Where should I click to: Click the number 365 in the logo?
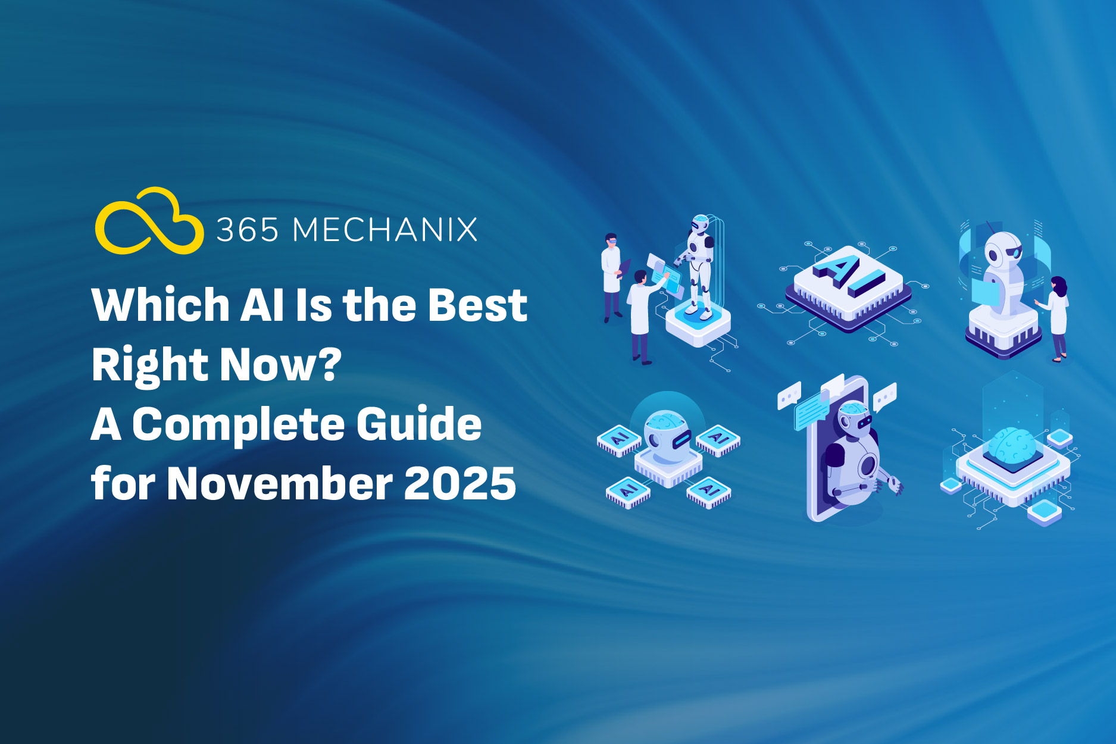click(x=247, y=230)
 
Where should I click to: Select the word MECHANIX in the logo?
click(x=385, y=230)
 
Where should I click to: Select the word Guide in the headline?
click(x=419, y=424)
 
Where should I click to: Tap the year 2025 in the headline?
click(x=460, y=483)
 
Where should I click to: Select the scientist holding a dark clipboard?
click(x=612, y=277)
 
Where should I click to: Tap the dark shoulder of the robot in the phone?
click(x=833, y=455)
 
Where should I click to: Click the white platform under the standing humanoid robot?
click(x=698, y=324)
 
